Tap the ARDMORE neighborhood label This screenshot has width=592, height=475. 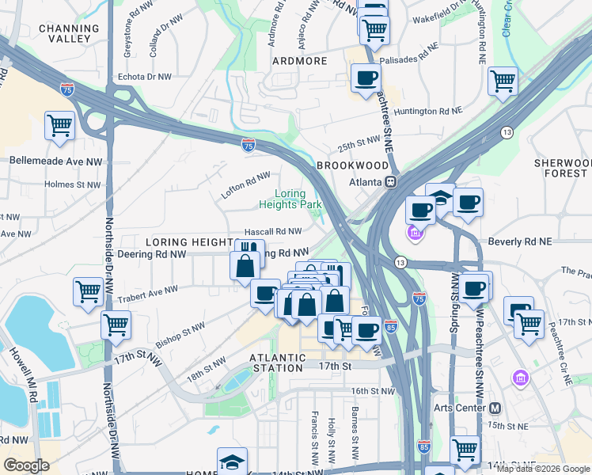[299, 61]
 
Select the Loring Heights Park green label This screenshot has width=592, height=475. [290, 199]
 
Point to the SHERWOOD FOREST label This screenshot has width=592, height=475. [562, 167]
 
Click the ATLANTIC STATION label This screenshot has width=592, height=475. [276, 363]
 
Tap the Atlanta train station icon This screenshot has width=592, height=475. [390, 181]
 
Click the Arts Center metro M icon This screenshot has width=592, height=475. [495, 408]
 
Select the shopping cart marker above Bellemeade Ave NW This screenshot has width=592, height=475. [59, 126]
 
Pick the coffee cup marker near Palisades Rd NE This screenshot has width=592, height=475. [366, 78]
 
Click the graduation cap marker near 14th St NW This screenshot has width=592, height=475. [232, 462]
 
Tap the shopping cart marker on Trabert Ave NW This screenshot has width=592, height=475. [88, 291]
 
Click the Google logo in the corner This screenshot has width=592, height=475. [26, 465]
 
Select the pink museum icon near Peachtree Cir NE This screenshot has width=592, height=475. [519, 375]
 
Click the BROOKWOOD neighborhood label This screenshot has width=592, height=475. [352, 165]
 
